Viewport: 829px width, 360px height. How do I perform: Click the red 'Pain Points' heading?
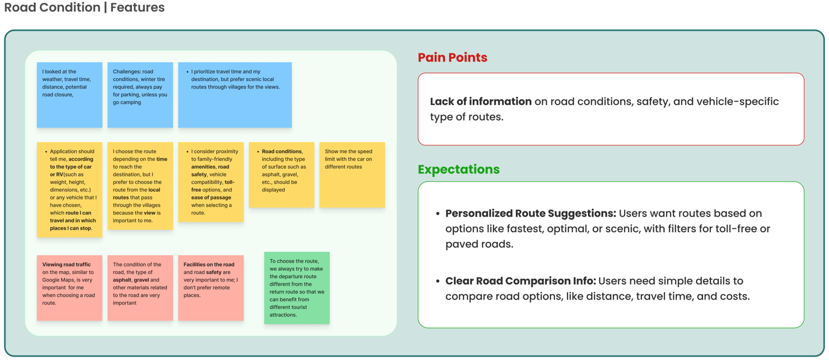pos(452,58)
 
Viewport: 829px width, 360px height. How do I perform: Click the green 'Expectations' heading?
pos(459,169)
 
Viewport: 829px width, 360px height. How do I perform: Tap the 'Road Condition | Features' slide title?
pos(84,8)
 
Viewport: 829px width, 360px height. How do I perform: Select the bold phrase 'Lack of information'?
pos(481,101)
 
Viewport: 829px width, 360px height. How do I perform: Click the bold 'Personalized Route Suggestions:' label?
pos(530,213)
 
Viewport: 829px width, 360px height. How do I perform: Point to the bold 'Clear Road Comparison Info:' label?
pos(520,281)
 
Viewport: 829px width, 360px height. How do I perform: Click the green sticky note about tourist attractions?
pos(296,287)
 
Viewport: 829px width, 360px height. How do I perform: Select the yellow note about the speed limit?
pos(352,175)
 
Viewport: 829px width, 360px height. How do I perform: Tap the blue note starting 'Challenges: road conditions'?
pos(140,94)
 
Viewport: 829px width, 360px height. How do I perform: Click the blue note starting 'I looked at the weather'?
pos(69,94)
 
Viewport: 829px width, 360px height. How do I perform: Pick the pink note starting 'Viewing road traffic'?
pos(69,287)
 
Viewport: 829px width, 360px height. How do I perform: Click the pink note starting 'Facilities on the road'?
pos(211,287)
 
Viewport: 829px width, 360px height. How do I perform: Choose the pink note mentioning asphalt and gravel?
pos(140,287)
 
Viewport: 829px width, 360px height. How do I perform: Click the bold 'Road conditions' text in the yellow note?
pos(282,151)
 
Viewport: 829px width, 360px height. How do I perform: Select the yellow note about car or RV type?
pos(69,190)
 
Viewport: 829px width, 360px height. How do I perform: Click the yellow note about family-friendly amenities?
pos(211,182)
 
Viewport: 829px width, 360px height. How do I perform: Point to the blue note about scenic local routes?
pos(234,94)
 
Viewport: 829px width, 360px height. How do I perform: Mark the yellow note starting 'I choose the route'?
pos(140,185)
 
